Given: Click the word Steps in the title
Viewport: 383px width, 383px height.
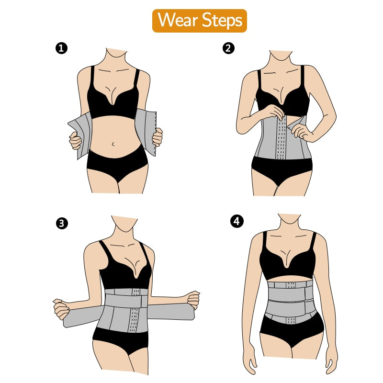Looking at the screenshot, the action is pos(222,21).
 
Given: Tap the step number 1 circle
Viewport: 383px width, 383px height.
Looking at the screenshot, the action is pos(61,48).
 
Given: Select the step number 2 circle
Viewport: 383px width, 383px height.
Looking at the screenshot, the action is pos(228,48).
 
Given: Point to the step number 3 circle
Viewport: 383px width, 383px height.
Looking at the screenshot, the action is pos(62,223).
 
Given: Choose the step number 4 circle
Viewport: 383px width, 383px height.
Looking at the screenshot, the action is pos(237,222).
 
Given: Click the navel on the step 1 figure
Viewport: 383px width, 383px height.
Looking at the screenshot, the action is pos(113,144).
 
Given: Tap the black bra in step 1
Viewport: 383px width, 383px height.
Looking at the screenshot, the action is pos(113,98).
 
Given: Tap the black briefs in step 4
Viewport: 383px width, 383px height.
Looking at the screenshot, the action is pos(291,332).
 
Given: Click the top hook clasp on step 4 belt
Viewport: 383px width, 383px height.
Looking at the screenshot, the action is pos(291,285).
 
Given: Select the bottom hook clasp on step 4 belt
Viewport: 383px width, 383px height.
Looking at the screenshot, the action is pos(291,320).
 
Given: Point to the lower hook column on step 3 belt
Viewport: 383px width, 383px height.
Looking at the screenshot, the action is pos(134,319).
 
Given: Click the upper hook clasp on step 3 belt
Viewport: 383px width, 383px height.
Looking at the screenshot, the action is pos(136,292).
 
